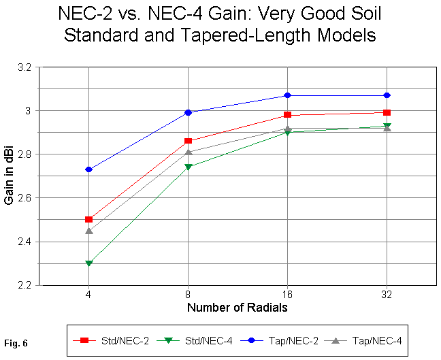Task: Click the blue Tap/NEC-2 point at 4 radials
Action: [88, 169]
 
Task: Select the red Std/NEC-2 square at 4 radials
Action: [88, 219]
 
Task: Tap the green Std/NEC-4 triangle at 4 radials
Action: [88, 263]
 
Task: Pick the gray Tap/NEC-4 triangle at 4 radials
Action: [88, 231]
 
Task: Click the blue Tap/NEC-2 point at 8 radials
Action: [188, 112]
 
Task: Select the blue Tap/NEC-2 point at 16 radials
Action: [287, 95]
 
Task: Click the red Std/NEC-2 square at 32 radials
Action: [387, 112]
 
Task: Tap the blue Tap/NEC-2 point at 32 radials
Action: [387, 95]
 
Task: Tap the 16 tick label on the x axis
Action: [287, 295]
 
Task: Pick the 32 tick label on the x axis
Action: [387, 295]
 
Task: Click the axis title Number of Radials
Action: [237, 308]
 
